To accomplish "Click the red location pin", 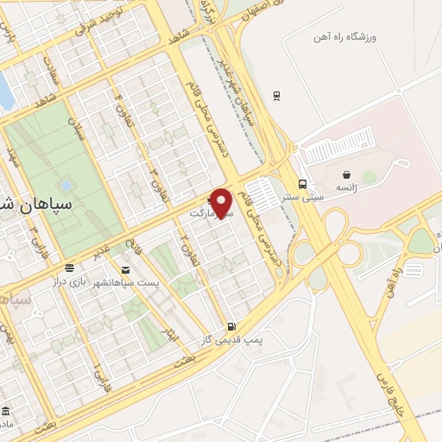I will (224, 202).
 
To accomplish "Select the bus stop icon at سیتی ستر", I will (302, 184).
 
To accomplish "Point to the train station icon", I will (275, 95).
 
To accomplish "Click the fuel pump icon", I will (230, 326).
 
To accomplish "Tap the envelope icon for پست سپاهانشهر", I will (126, 270).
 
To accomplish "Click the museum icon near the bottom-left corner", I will (7, 409).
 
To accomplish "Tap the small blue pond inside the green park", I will (66, 185).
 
